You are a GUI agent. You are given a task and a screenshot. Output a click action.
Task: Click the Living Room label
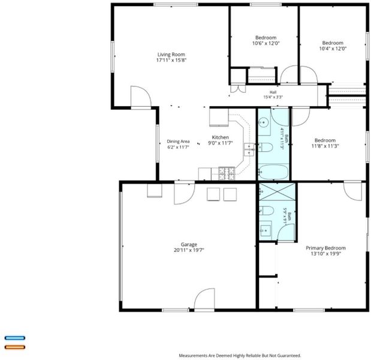pyautogui.click(x=171, y=55)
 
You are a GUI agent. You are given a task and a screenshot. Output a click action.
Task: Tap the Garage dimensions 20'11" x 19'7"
pyautogui.click(x=189, y=250)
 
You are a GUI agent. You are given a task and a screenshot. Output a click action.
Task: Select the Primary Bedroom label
pyautogui.click(x=325, y=248)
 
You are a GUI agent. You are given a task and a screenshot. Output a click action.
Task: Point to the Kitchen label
pyautogui.click(x=221, y=137)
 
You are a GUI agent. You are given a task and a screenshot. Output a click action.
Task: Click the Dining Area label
pyautogui.click(x=178, y=142)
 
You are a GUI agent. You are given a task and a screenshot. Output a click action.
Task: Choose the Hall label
pyautogui.click(x=273, y=92)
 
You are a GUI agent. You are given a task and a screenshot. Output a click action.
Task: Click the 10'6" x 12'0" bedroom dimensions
pyautogui.click(x=266, y=43)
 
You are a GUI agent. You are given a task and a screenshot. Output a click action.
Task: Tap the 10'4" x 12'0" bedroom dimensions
pyautogui.click(x=333, y=49)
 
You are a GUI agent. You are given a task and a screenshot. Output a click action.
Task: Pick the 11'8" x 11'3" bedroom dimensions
pyautogui.click(x=325, y=146)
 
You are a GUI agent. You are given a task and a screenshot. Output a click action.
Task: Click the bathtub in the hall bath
pyautogui.click(x=273, y=172)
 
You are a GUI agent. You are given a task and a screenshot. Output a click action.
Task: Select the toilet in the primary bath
pyautogui.click(x=267, y=211)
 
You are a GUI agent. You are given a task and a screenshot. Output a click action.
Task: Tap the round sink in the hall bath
pyautogui.click(x=263, y=122)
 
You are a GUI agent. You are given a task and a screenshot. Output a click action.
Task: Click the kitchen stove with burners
pyautogui.click(x=227, y=173)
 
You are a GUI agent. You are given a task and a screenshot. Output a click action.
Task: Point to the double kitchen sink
pyautogui.click(x=249, y=150)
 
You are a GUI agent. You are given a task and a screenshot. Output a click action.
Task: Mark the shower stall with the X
pyautogui.click(x=278, y=191)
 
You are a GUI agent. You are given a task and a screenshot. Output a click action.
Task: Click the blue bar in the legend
pyautogui.click(x=15, y=338)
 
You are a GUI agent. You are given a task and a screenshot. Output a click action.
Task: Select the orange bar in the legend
pyautogui.click(x=15, y=347)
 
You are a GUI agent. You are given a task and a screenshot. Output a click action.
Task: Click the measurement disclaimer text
pyautogui.click(x=240, y=355)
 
